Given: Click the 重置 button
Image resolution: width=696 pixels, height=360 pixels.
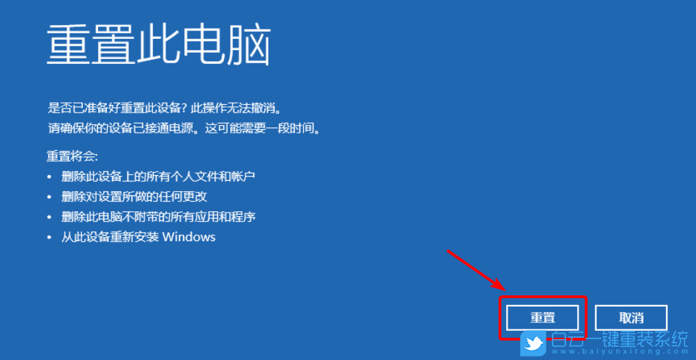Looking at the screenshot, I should tap(542, 318).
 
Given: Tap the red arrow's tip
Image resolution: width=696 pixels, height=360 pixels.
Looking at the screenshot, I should tap(504, 288).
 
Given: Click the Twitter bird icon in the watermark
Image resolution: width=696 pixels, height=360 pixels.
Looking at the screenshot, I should tap(534, 343).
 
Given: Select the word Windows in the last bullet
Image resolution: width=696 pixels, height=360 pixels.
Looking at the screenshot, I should tap(189, 237).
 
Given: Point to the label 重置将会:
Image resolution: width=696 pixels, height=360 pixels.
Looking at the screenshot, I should tap(72, 156).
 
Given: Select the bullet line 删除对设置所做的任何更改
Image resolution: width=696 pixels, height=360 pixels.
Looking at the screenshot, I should tap(134, 197).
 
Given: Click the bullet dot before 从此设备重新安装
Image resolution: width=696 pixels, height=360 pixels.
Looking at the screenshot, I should tap(49, 238).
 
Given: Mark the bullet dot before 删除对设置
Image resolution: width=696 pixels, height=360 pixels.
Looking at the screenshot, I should tap(49, 197).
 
